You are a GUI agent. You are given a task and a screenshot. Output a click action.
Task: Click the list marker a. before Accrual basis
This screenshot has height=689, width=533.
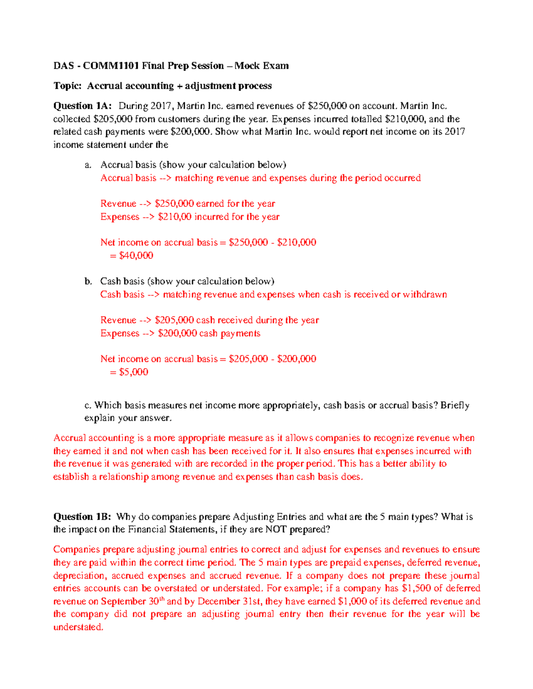click(88, 165)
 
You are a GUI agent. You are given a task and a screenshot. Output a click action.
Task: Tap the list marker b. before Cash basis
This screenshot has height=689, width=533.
click(88, 281)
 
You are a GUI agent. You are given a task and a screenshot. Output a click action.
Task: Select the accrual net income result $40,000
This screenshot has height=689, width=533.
click(136, 256)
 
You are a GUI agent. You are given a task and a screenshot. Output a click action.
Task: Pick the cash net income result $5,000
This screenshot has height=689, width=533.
click(133, 372)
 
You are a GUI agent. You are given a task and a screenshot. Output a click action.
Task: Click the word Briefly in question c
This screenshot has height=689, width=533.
click(454, 406)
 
